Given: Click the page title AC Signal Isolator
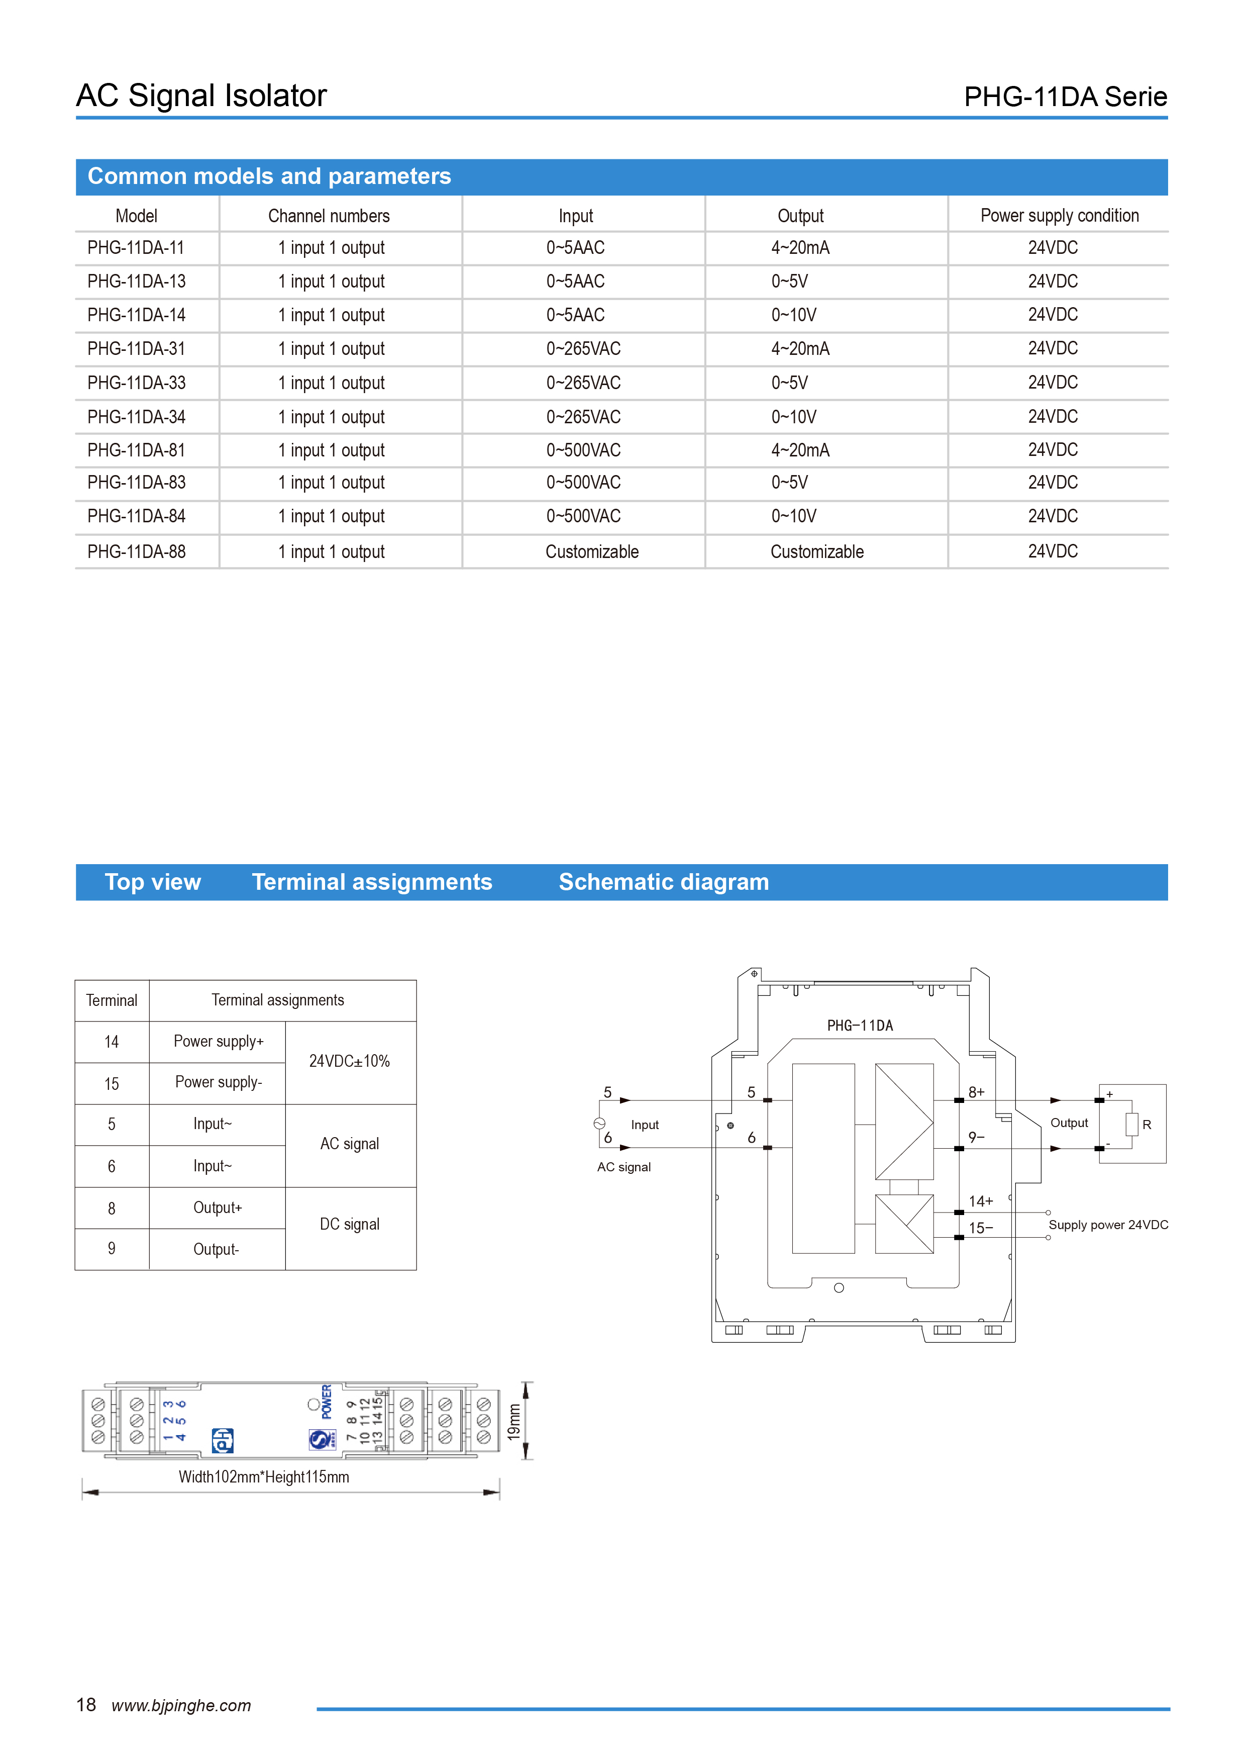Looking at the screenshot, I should click(201, 96).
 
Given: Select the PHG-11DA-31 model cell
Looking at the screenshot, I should click(136, 349).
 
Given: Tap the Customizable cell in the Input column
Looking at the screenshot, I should click(591, 551).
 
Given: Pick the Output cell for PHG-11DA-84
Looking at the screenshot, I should click(793, 516).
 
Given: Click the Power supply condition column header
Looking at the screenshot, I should click(1059, 216).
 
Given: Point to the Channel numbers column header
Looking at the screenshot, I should click(329, 216).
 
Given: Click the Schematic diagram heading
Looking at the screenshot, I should click(663, 882).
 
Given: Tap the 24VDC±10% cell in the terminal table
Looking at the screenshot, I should click(349, 1061).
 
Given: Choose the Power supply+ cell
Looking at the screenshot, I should click(218, 1041).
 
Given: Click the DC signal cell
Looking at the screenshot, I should click(349, 1224).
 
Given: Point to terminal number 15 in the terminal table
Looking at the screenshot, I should click(112, 1083).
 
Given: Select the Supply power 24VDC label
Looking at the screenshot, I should click(1107, 1225).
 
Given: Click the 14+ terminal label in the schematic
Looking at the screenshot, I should click(981, 1201).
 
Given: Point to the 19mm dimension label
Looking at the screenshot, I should click(513, 1421).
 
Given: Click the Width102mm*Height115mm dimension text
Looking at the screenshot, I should click(263, 1476).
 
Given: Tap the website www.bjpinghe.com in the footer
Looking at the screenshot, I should click(181, 1706).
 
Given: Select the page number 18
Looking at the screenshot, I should click(86, 1705).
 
